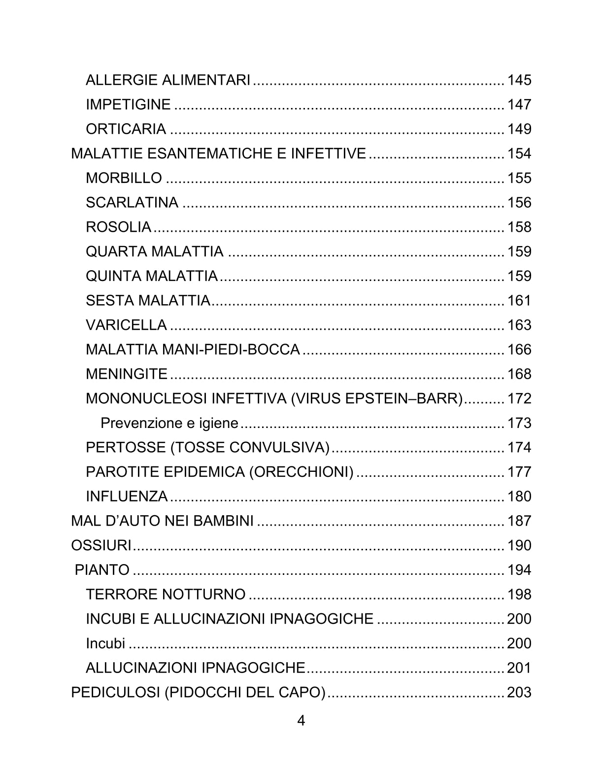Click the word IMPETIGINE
point(128,105)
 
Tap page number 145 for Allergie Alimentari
point(519,80)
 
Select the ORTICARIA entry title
point(126,129)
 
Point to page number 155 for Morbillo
point(519,178)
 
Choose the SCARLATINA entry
point(132,203)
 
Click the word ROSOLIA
point(118,227)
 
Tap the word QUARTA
point(116,251)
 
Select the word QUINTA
point(113,276)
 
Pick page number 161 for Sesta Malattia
point(519,301)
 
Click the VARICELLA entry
point(126,325)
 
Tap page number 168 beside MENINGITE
point(519,374)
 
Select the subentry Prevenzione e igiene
point(169,423)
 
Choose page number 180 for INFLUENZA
point(519,497)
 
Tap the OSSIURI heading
point(101,546)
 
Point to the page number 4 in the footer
point(301,721)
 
